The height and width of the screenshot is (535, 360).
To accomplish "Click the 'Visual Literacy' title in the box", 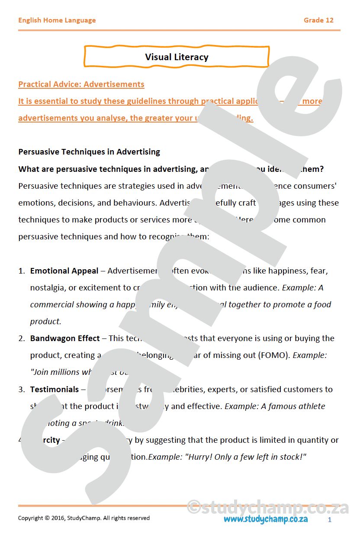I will pyautogui.click(x=177, y=57).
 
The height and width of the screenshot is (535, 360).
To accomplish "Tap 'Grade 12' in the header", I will pyautogui.click(x=318, y=20).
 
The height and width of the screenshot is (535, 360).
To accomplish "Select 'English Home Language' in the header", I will pyautogui.click(x=57, y=20).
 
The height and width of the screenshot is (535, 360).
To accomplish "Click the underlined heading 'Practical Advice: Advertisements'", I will pyautogui.click(x=81, y=84).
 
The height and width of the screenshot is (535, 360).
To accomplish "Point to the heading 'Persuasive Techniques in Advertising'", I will pyautogui.click(x=89, y=152).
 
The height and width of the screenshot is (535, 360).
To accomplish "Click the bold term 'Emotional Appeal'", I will pyautogui.click(x=64, y=271).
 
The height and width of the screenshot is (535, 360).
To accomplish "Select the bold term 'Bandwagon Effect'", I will pyautogui.click(x=65, y=338).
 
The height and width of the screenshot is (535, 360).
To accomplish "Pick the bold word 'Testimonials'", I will pyautogui.click(x=55, y=390).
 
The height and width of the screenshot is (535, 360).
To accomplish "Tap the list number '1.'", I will pyautogui.click(x=22, y=271).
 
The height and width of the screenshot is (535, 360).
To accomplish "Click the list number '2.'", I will pyautogui.click(x=22, y=338).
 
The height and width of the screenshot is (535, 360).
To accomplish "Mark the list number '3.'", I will pyautogui.click(x=22, y=390).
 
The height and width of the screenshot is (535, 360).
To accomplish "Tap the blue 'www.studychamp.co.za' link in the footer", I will pyautogui.click(x=266, y=519).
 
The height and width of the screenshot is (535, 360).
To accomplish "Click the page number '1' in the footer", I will pyautogui.click(x=330, y=519).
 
